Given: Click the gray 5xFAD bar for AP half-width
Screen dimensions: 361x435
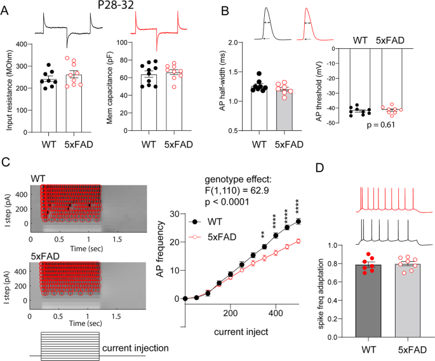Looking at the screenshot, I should click(x=288, y=108).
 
